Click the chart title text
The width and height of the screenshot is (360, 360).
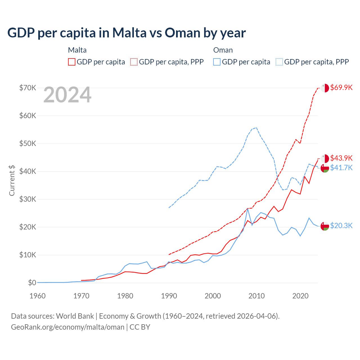pyautogui.click(x=127, y=33)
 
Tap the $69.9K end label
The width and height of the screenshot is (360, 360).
pyautogui.click(x=341, y=87)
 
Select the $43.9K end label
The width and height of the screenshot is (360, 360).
pyautogui.click(x=341, y=158)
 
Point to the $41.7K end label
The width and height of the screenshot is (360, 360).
pyautogui.click(x=341, y=168)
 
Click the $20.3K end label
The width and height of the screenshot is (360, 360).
pyautogui.click(x=341, y=226)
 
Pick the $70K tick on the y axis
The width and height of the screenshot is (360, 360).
pyautogui.click(x=28, y=88)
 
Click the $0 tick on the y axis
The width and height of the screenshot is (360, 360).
pyautogui.click(x=32, y=283)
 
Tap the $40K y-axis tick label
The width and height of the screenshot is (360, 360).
pyautogui.click(x=28, y=171)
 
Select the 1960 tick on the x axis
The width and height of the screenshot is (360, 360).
pyautogui.click(x=37, y=296)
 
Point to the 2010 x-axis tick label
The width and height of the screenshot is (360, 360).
pyautogui.click(x=256, y=296)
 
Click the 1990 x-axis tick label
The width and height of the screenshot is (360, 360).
pyautogui.click(x=169, y=296)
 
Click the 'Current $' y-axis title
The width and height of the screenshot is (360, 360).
pyautogui.click(x=12, y=180)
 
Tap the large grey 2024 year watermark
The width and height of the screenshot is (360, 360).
pyautogui.click(x=67, y=95)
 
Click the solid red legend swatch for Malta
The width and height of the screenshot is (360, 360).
pyautogui.click(x=72, y=62)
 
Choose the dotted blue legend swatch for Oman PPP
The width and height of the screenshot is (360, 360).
pyautogui.click(x=279, y=62)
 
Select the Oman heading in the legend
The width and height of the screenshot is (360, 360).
pyautogui.click(x=223, y=50)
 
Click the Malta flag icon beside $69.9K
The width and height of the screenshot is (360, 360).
pyautogui.click(x=325, y=88)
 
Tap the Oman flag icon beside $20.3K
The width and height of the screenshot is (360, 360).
pyautogui.click(x=325, y=226)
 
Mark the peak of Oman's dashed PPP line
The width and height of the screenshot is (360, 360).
pyautogui.click(x=256, y=127)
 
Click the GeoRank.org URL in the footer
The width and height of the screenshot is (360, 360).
pyautogui.click(x=67, y=327)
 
